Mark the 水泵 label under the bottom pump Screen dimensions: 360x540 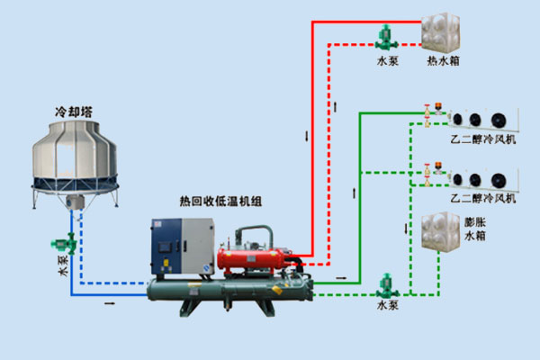388,306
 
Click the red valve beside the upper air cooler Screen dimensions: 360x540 438,114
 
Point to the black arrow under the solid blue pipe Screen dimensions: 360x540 110,305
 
